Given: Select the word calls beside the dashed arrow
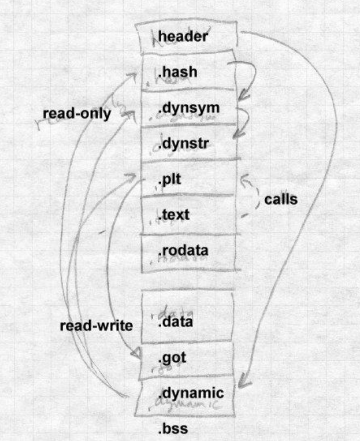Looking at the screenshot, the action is pyautogui.click(x=281, y=199).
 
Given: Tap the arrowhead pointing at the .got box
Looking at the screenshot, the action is pyautogui.click(x=136, y=353).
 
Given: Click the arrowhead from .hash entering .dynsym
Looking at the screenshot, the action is pyautogui.click(x=245, y=94).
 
